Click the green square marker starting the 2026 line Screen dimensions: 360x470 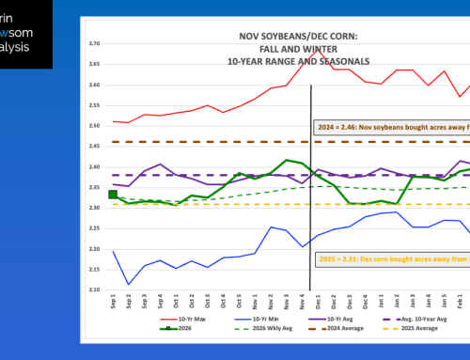(114, 195)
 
